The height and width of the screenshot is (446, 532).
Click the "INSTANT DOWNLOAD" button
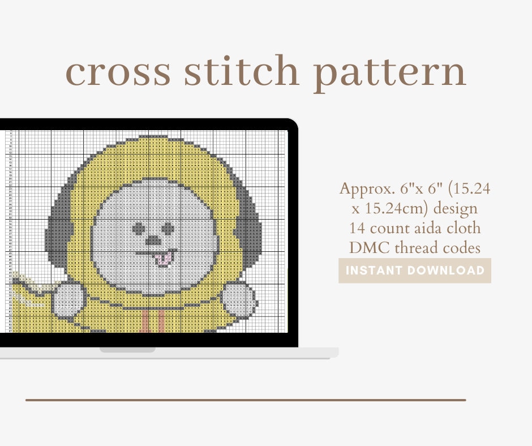coord(415,271)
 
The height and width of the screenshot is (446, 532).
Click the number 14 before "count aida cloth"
coord(358,228)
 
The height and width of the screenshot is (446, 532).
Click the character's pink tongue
coord(164,258)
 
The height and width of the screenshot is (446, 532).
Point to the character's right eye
coord(168,227)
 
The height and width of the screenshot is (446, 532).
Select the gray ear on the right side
coord(250,226)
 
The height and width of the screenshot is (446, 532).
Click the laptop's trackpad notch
coord(127,350)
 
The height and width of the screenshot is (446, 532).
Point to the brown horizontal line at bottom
coord(245,400)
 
